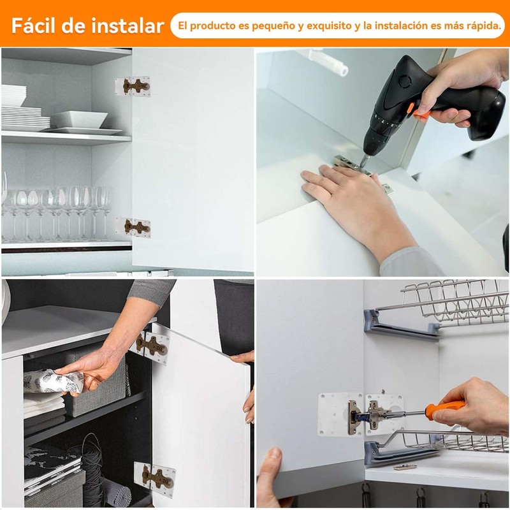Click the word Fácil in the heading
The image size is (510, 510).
33,25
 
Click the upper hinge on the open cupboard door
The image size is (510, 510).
133,87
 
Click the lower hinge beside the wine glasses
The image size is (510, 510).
133,228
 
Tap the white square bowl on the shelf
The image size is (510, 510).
79,119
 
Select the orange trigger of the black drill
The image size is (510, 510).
421,113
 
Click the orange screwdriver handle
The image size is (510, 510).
445,407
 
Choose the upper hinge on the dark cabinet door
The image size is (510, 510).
150,346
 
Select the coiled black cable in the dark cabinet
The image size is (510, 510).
93,465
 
